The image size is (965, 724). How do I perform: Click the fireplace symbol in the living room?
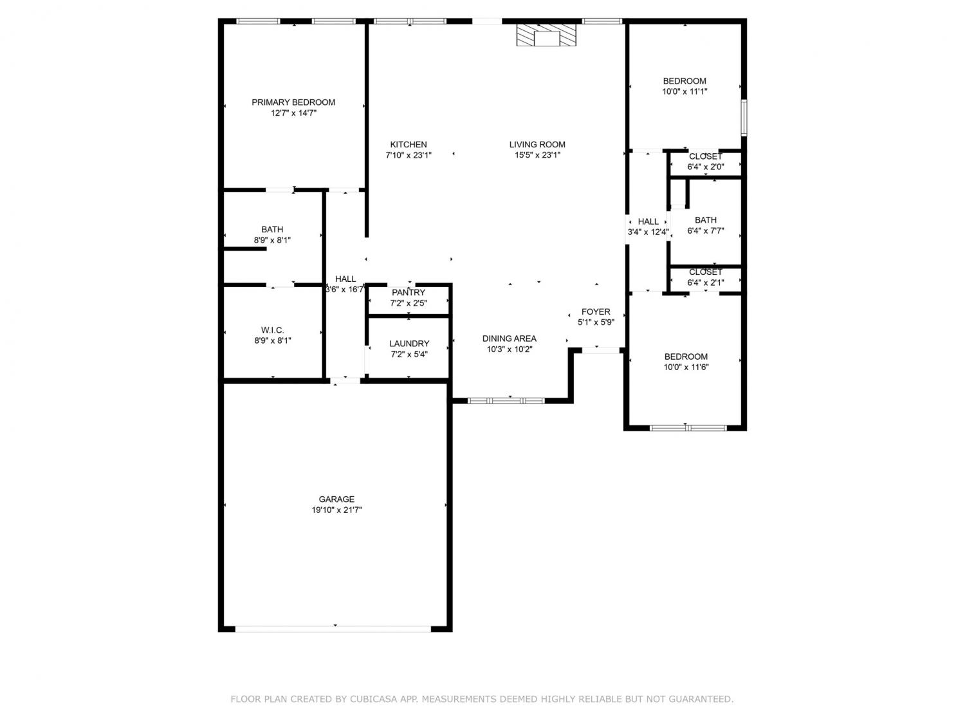(546, 35)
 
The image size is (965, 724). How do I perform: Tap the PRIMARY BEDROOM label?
(293, 102)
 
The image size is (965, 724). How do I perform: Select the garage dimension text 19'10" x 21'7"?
(336, 510)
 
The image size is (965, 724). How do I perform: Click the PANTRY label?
(409, 292)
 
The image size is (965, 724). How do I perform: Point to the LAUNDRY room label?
(409, 344)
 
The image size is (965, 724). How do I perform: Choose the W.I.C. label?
(273, 330)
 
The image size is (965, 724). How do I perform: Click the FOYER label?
(596, 311)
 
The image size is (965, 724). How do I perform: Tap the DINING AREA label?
(509, 339)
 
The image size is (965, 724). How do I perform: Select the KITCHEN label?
(409, 144)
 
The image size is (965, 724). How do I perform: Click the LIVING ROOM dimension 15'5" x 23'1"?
(538, 155)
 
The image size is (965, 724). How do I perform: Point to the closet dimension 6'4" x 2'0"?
(706, 167)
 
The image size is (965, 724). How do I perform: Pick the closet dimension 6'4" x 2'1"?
(706, 283)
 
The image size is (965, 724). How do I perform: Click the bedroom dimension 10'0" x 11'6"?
(686, 367)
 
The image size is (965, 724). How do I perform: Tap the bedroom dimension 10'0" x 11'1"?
(685, 91)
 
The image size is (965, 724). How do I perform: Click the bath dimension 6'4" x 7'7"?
(706, 231)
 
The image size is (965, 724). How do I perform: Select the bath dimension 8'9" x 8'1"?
(272, 240)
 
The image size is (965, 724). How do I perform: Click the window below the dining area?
(506, 401)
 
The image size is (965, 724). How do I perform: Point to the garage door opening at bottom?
(333, 629)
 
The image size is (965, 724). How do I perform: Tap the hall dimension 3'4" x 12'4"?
(648, 232)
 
